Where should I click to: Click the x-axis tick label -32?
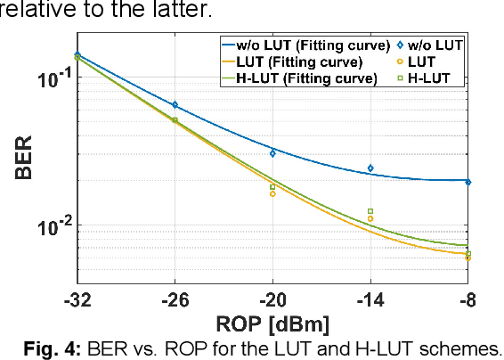point(77,299)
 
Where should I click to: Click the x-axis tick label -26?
point(175,299)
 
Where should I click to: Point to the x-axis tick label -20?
point(272,299)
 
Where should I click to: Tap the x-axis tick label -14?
point(370,299)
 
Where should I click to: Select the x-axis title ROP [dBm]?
point(272,322)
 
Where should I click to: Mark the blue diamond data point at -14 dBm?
point(370,168)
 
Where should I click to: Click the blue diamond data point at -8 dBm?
point(468,182)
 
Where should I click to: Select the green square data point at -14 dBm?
point(370,211)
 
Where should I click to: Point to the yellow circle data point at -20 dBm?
point(272,193)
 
